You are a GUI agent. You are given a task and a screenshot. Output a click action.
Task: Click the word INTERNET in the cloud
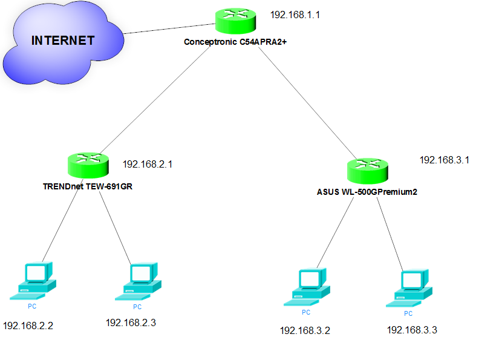tap(63, 41)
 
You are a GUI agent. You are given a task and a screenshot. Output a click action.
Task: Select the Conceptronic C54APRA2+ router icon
tap(235, 22)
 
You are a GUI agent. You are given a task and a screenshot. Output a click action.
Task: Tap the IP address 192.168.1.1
tap(295, 14)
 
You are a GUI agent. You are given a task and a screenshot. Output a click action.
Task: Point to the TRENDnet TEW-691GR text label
tap(88, 186)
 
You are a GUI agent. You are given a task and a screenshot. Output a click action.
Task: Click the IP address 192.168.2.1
tap(148, 164)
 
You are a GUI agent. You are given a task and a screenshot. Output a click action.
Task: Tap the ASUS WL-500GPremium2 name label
tap(367, 192)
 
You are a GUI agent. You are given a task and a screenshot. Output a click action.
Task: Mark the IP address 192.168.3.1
tap(445, 160)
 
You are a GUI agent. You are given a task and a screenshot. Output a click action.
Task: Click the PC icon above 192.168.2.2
tap(34, 281)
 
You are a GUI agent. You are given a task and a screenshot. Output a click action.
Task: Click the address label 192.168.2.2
tap(28, 326)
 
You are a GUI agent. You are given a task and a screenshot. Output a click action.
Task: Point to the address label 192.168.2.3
tap(131, 322)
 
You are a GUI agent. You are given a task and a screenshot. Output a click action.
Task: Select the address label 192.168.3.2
tap(305, 330)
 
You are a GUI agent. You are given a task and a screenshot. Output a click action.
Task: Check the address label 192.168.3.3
tap(412, 330)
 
